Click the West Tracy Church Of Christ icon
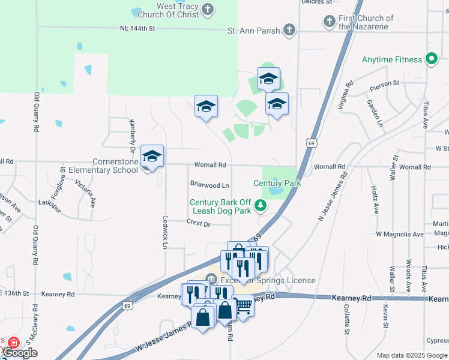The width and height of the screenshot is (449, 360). point(208,9)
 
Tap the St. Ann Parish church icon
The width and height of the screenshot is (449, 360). point(289,29)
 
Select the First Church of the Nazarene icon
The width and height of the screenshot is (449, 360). point(330,22)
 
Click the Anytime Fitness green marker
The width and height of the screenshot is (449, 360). point(430,59)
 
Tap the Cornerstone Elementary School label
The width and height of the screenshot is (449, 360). point(117,166)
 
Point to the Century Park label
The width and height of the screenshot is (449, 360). point(276,183)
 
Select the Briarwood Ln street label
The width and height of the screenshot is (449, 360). point(209,185)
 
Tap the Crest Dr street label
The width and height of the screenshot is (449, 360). point(199,223)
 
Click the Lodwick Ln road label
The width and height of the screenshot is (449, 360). point(164,232)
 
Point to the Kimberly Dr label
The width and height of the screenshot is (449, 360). point(131,134)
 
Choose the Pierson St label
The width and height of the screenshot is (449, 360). point(387,83)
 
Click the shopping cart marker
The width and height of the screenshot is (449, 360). point(243,305)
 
